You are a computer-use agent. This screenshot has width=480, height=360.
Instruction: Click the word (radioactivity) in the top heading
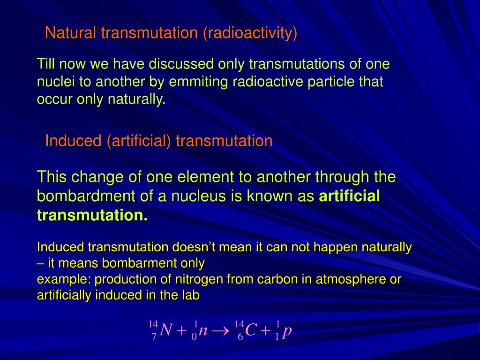pos(250,33)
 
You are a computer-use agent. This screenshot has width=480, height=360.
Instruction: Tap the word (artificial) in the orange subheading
pos(139,141)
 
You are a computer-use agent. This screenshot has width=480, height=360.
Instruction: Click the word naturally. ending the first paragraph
pos(137,99)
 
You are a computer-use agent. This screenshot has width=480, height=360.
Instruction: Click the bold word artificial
pos(349,196)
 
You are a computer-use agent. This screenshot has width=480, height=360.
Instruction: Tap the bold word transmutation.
pos(92,216)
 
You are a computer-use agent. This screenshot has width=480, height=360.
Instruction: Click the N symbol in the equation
pos(165,330)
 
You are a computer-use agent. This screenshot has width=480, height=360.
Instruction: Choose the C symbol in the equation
pos(251,330)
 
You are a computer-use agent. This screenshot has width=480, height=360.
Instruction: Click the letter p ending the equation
pos(287,331)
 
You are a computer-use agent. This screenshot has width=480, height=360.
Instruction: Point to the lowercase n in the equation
pos(203,331)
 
